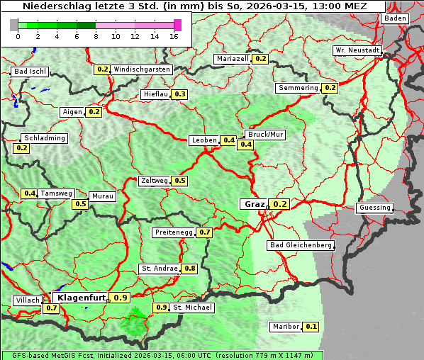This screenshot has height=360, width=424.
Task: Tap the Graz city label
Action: point(254,204)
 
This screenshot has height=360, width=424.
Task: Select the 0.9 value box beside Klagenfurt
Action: point(121,298)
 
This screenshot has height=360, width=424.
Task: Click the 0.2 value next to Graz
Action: point(280,204)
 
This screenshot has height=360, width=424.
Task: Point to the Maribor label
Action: point(285,327)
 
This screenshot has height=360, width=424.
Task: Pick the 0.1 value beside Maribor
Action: point(311,327)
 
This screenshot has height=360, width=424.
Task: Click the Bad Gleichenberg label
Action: point(301,245)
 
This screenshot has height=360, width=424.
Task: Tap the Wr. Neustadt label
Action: point(357,51)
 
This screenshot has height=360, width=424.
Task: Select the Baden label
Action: point(395,18)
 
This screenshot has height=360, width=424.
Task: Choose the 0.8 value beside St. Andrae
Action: point(189,269)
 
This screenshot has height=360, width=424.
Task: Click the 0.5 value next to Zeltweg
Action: point(180,181)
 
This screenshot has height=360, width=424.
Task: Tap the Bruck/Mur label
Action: point(264,135)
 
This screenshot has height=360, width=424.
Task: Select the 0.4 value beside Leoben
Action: point(229,140)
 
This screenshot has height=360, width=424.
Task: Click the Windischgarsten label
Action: point(142,69)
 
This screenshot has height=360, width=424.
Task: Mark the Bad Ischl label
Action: point(30,72)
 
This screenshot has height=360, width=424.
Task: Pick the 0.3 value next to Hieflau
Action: point(180,94)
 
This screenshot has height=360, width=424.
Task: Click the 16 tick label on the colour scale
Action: point(174,36)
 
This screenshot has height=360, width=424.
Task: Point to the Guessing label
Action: point(374,208)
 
